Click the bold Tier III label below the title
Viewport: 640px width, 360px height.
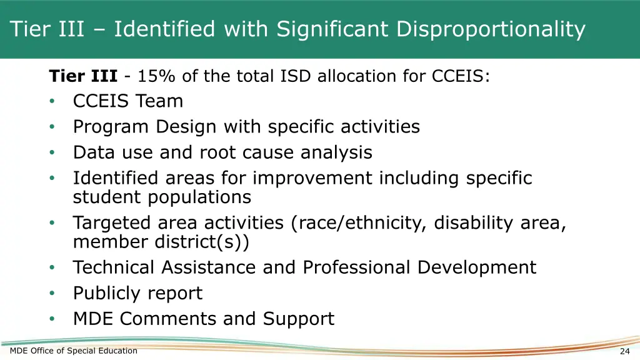(x=83, y=76)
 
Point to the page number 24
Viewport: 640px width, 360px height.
(x=624, y=351)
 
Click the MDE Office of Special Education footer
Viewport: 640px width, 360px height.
(x=74, y=351)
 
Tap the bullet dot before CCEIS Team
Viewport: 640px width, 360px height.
(x=54, y=101)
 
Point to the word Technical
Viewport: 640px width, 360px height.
(x=114, y=267)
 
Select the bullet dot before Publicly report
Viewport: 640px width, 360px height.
(x=54, y=293)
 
